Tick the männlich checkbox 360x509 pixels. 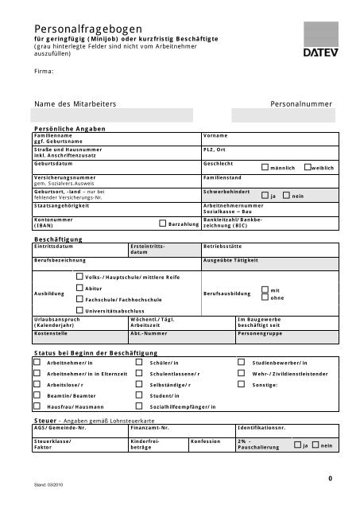[265, 167]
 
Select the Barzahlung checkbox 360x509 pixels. [163, 224]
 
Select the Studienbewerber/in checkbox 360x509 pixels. [242, 362]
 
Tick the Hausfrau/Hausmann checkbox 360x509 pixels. [37, 406]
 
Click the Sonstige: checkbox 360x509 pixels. [242, 384]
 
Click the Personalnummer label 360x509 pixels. [300, 104]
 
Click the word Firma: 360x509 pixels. [44, 72]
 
